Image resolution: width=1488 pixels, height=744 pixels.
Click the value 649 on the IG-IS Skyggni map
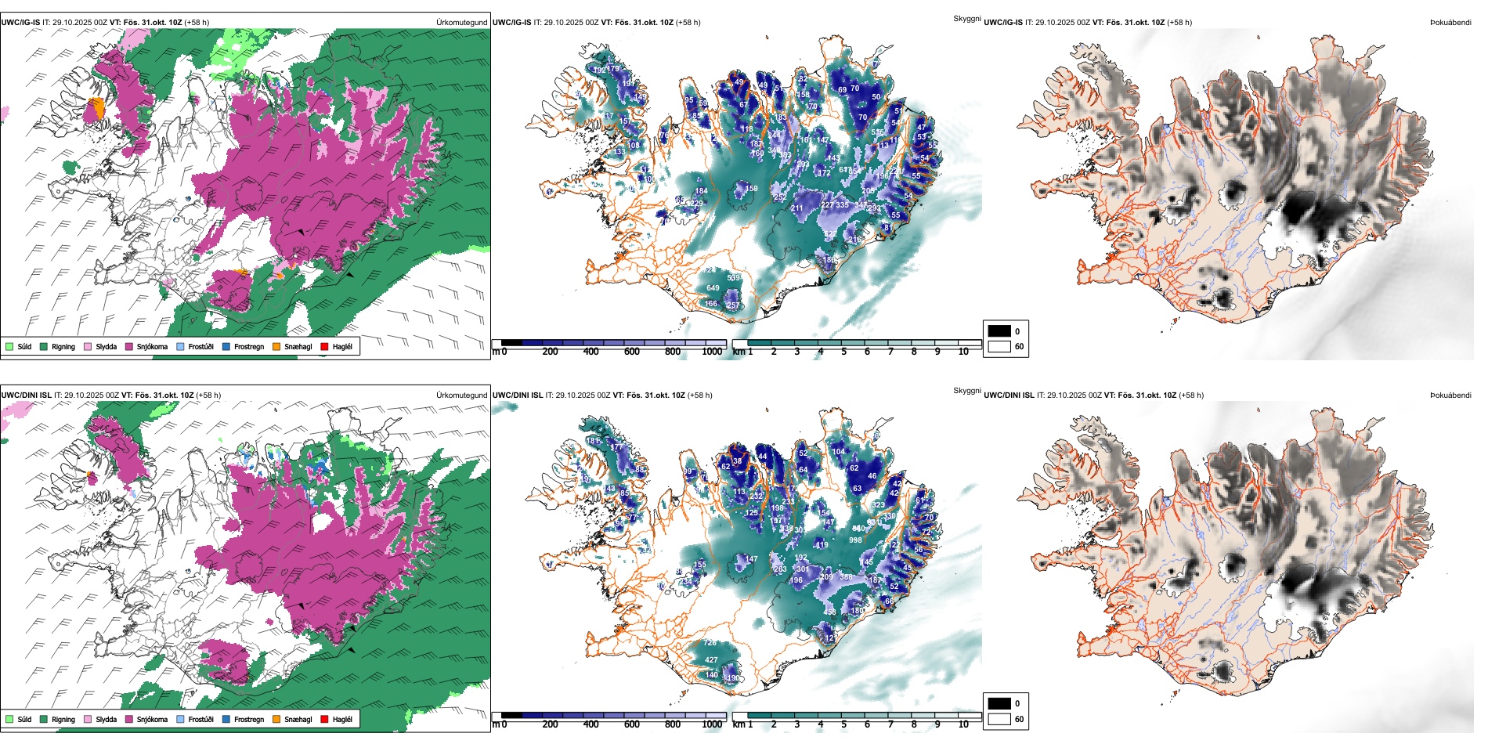(x=713, y=288)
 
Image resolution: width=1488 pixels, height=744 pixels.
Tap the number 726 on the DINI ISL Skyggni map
(x=710, y=643)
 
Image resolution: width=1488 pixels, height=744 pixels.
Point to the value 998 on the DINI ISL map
(x=855, y=540)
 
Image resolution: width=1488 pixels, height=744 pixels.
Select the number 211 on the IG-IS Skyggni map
(x=796, y=209)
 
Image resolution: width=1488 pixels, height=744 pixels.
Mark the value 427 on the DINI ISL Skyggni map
(x=710, y=660)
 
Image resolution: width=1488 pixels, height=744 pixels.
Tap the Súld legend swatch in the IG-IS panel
(x=9, y=347)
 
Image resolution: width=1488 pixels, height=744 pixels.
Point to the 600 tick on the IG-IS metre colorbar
(x=631, y=352)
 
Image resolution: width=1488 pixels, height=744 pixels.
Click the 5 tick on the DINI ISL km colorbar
(x=843, y=724)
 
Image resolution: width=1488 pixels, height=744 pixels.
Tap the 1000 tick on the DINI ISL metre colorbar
(x=712, y=724)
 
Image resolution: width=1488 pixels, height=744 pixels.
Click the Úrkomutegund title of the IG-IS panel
(x=461, y=23)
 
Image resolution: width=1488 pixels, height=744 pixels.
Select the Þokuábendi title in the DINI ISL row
(x=1450, y=395)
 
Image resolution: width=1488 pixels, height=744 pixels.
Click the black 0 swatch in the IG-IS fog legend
(x=999, y=331)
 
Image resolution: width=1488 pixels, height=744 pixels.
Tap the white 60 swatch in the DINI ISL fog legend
(x=999, y=719)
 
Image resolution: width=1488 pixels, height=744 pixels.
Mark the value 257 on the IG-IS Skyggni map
(x=733, y=305)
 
